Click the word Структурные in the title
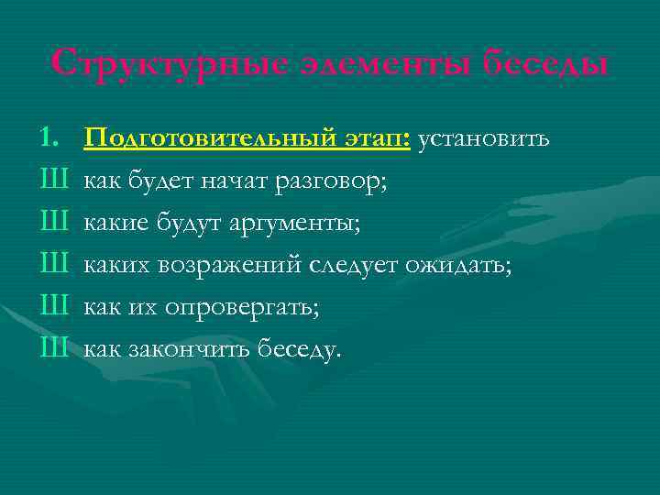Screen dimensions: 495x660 point(170,64)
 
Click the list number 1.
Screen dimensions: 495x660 point(50,139)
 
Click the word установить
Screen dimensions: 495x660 point(484,140)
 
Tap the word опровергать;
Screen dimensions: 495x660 point(242,308)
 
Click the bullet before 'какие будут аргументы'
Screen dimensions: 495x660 point(54,224)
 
